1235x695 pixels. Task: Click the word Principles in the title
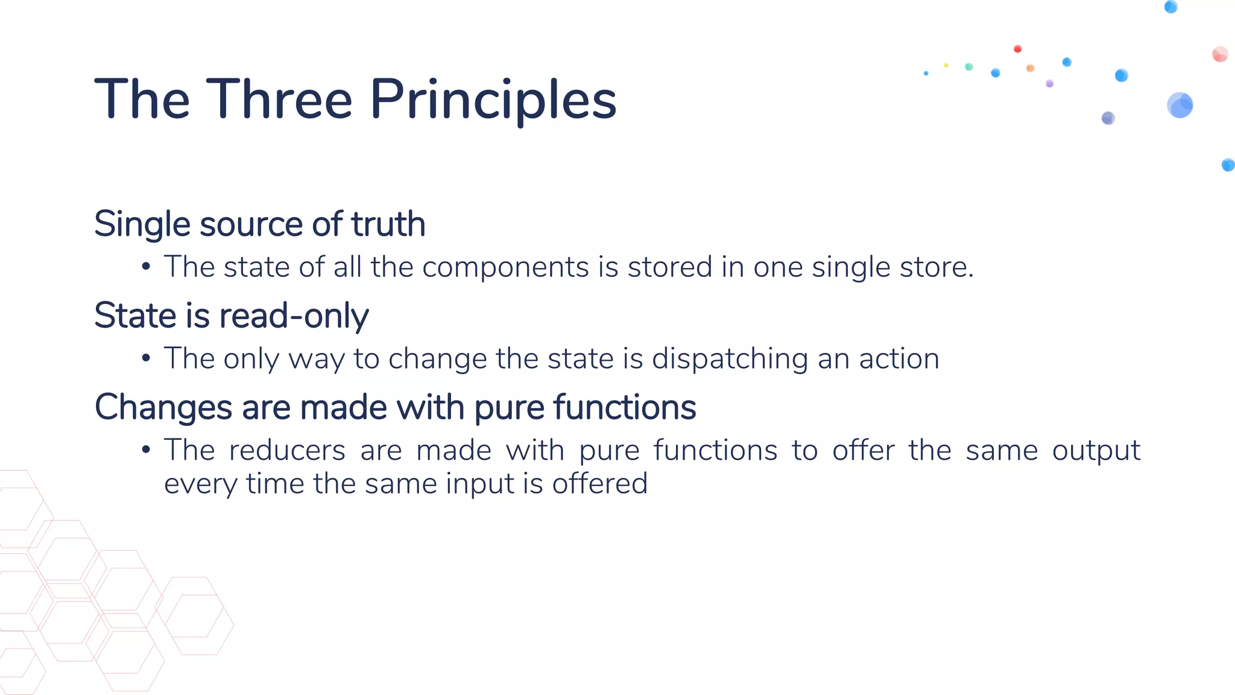point(493,100)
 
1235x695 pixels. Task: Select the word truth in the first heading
point(388,224)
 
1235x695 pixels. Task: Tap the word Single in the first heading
point(142,225)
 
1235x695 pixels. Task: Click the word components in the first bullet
point(505,267)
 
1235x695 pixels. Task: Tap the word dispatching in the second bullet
point(730,359)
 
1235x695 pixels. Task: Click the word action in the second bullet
point(899,358)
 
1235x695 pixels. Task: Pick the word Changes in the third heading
point(163,407)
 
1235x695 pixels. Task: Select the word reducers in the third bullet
point(287,451)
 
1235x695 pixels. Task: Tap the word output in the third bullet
point(1096,451)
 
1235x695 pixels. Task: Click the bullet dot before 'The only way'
point(146,358)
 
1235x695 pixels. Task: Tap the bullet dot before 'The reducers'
point(146,450)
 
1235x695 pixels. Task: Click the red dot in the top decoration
point(1017,49)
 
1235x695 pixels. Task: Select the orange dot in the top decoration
point(1030,68)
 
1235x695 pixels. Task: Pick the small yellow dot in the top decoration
point(946,65)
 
